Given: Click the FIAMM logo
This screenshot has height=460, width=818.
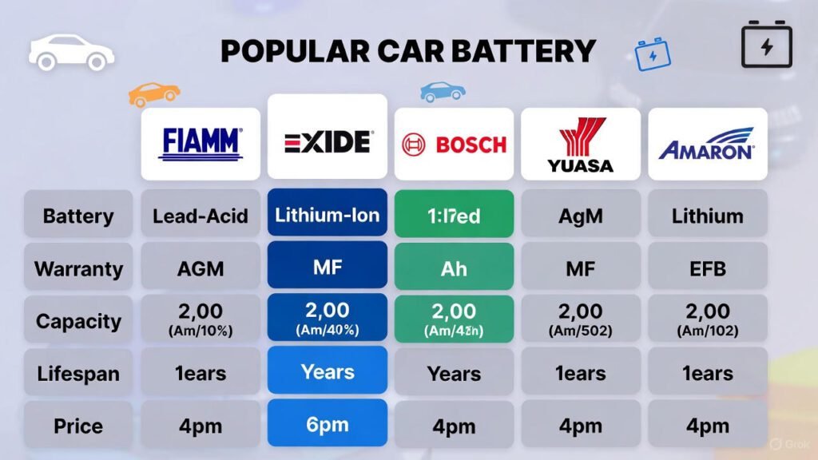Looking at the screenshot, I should tap(201, 143).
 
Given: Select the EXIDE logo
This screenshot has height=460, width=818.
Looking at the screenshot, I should tap(328, 142).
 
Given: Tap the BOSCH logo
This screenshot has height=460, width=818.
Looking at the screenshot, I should tap(454, 145).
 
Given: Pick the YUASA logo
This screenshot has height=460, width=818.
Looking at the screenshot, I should tap(581, 145).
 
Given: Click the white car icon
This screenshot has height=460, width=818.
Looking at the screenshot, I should tap(71, 53).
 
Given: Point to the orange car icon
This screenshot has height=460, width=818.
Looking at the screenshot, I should tap(154, 93).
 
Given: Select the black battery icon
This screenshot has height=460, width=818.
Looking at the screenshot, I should tap(767, 46).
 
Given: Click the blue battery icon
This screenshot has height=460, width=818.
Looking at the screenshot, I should tap(653, 54).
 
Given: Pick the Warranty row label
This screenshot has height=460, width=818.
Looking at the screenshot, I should tap(77, 268).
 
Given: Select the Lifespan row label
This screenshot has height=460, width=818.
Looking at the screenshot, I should tap(77, 373).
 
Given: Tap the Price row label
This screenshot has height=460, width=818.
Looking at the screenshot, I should tap(77, 426).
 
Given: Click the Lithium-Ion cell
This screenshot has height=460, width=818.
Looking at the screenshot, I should tap(328, 214).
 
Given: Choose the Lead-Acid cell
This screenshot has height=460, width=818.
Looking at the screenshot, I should tap(201, 215).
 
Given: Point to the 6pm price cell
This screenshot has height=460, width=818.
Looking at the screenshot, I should tap(328, 423).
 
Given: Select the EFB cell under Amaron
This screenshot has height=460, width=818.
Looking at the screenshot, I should tap(708, 268).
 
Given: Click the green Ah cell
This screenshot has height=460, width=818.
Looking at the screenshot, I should tap(454, 268).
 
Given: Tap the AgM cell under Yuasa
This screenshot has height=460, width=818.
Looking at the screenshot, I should tap(581, 215).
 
